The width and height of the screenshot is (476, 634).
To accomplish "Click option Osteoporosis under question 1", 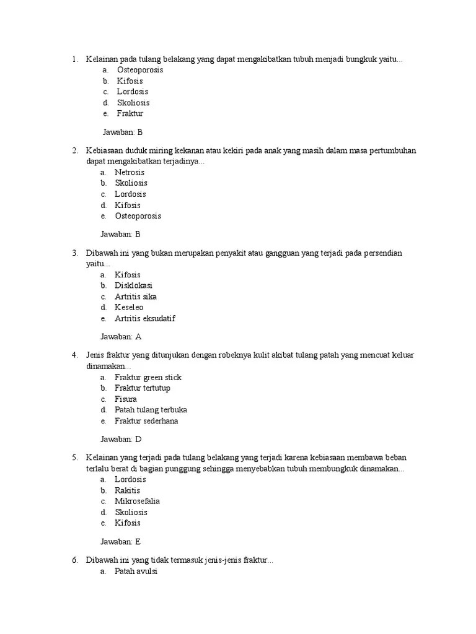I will click(x=140, y=70).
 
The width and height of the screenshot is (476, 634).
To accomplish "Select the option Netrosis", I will click(x=130, y=172).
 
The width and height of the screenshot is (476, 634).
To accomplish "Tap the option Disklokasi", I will click(x=133, y=285).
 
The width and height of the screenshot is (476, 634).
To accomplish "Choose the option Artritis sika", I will click(x=136, y=297).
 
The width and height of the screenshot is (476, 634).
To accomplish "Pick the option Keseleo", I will click(x=129, y=308).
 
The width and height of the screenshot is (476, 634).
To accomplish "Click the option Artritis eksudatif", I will click(x=145, y=319).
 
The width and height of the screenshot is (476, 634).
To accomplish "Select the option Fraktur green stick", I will click(x=148, y=377).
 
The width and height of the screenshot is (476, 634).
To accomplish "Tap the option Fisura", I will click(x=126, y=399).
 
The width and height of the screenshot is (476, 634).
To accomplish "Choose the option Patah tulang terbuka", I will click(x=151, y=410).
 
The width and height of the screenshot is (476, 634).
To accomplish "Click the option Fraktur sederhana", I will click(x=146, y=421).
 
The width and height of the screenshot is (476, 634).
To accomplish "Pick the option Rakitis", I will click(x=128, y=490).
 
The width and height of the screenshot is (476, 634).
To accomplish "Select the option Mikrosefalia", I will click(x=137, y=501).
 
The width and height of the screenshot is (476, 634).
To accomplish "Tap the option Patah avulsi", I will click(x=136, y=571).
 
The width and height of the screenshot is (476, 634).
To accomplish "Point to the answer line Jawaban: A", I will click(x=121, y=337).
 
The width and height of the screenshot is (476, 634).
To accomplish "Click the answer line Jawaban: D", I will click(x=121, y=439).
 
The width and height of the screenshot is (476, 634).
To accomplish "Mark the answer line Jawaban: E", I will click(x=121, y=541).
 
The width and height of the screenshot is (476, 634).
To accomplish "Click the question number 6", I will click(x=74, y=560).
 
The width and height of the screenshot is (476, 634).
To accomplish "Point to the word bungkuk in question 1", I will click(x=357, y=59).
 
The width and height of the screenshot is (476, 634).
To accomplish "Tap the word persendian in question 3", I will click(x=381, y=253).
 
